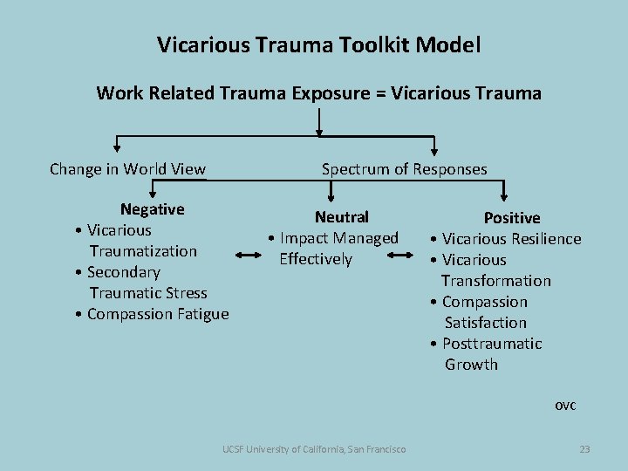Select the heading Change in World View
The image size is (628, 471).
click(128, 169)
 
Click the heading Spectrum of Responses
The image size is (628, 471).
click(405, 169)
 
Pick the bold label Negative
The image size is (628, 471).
click(153, 209)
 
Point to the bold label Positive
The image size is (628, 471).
click(512, 218)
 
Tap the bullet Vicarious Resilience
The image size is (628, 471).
click(511, 239)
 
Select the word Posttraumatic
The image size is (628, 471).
click(492, 344)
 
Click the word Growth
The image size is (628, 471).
click(471, 365)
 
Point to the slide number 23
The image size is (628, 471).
click(584, 449)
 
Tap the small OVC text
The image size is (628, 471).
click(566, 406)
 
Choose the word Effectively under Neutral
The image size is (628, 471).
click(316, 259)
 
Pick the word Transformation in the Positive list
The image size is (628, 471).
click(495, 281)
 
